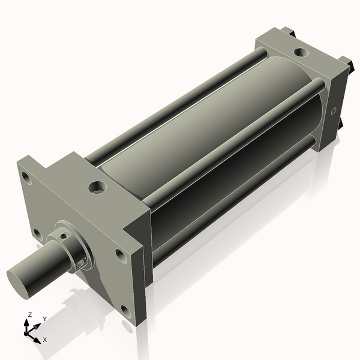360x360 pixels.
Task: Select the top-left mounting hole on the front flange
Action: (26, 178)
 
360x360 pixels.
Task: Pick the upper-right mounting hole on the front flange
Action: (121, 256)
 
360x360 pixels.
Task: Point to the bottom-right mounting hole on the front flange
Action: (125, 311)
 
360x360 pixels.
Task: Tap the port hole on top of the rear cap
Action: (299, 52)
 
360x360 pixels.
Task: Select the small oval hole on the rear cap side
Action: (334, 111)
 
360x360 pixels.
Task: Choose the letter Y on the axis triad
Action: (44, 319)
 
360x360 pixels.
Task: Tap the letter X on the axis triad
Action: (45, 340)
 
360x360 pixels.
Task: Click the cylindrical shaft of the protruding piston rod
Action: (42, 268)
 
